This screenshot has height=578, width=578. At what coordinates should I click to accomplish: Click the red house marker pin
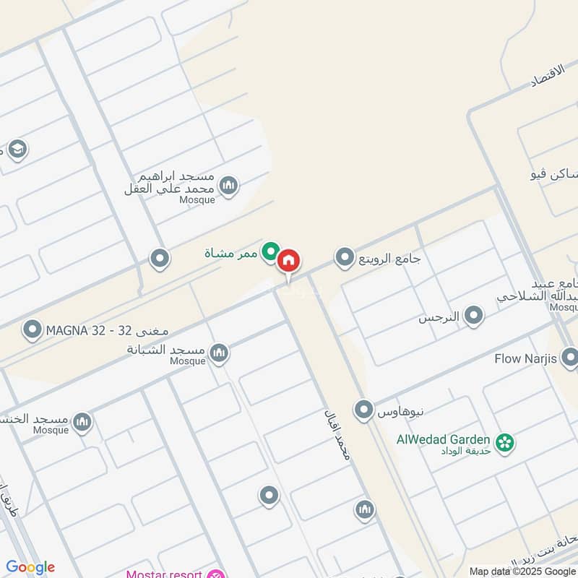[288, 261]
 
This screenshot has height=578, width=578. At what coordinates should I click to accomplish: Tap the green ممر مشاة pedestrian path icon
[270, 251]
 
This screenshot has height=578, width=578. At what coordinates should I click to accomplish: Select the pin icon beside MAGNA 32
[32, 330]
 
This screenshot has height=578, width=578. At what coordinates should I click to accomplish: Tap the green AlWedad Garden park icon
[504, 440]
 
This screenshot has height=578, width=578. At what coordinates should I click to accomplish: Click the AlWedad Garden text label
[443, 439]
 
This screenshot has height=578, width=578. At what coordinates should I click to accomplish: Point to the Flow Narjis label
[526, 358]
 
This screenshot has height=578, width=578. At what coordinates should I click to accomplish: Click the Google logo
[30, 567]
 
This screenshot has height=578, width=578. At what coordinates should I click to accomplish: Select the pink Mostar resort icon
[215, 574]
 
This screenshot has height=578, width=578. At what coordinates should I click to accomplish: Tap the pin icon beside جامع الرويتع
[345, 257]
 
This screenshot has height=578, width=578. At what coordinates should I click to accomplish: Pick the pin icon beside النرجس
[473, 316]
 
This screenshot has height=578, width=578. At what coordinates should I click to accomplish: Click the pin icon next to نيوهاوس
[363, 410]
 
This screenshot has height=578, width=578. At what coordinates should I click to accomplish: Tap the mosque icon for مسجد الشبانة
[219, 353]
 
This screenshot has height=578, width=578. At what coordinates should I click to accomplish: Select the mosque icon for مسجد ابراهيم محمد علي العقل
[229, 186]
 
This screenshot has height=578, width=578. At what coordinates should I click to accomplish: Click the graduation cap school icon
[17, 150]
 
